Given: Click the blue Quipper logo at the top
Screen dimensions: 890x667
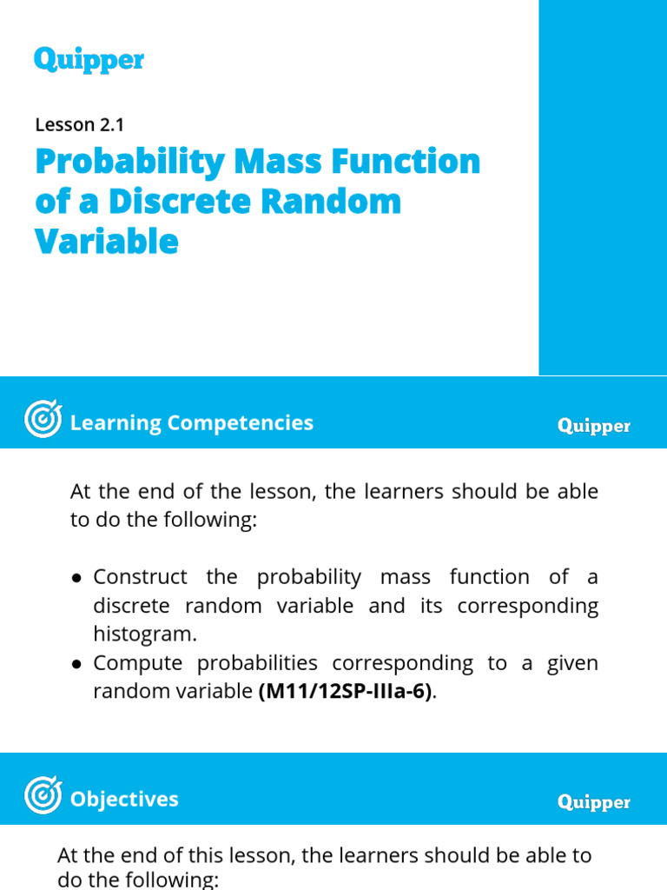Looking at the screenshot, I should click(x=89, y=60).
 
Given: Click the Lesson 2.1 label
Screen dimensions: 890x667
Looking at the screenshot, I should click(x=80, y=124).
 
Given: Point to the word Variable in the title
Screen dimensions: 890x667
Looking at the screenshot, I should click(x=107, y=241).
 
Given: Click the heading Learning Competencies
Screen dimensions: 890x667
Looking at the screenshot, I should click(x=191, y=423).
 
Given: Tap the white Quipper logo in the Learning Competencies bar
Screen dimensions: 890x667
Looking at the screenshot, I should click(x=594, y=426).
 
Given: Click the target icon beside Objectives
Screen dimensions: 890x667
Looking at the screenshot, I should click(x=43, y=796).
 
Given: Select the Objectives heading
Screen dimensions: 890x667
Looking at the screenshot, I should click(x=124, y=799).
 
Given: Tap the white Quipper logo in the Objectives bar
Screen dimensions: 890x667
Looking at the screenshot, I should click(x=594, y=802).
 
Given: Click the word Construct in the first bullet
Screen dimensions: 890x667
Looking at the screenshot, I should click(x=140, y=577).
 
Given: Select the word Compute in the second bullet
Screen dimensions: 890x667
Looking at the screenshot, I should click(x=138, y=663).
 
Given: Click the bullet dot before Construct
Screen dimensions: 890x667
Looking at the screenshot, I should click(x=77, y=578).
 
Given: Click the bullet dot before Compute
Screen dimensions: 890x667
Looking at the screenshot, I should click(x=77, y=664).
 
